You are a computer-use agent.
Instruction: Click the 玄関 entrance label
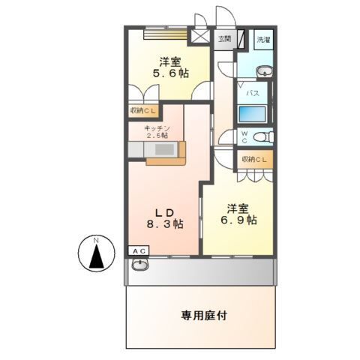(224, 38)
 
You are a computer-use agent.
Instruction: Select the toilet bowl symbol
(260, 136)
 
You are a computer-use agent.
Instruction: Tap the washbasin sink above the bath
(264, 72)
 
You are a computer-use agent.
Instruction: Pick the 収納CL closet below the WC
(254, 160)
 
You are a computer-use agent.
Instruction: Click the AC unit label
(139, 250)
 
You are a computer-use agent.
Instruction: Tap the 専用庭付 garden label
(203, 316)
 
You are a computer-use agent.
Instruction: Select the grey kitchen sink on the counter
(137, 151)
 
